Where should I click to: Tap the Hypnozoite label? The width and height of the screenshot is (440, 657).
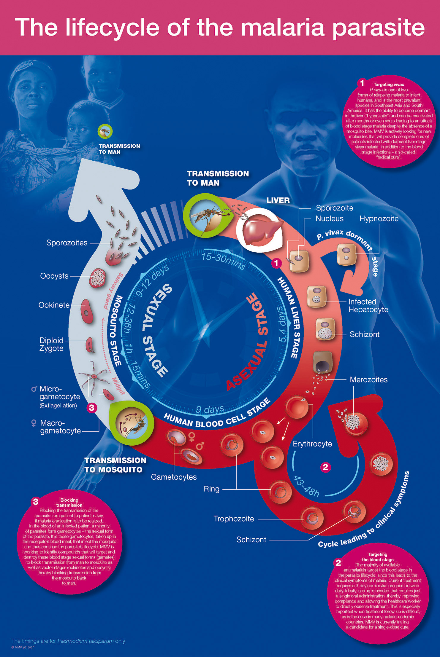pos(379,219)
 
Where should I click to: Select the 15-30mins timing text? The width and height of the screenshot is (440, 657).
pos(223,260)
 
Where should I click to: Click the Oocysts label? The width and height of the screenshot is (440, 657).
pos(54,276)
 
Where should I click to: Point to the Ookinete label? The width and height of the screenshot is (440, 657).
pos(54,305)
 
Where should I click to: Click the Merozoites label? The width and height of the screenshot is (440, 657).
pos(368,380)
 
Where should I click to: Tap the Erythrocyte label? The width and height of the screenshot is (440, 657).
pos(312,444)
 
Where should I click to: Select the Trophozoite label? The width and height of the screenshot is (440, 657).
pos(234,519)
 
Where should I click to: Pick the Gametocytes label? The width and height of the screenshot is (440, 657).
pos(174,477)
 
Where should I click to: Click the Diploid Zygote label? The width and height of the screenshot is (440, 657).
pos(51,344)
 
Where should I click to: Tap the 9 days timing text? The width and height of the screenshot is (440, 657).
pos(210,409)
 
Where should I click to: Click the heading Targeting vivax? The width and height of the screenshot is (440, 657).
pos(389,84)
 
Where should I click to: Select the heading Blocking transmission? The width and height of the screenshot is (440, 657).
pos(69,503)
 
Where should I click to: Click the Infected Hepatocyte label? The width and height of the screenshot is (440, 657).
pos(368,306)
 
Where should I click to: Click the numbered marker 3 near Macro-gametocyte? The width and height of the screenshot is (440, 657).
pos(92,408)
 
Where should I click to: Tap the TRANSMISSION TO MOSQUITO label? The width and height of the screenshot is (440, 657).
pos(115,465)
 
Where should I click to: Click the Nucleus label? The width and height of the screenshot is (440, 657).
pos(330,219)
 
